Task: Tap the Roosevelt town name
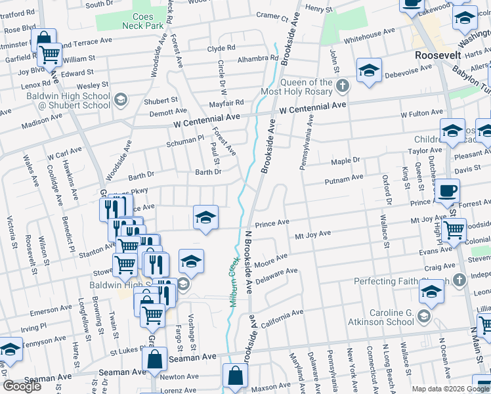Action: click(x=438, y=56)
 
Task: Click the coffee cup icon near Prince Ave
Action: click(x=448, y=191)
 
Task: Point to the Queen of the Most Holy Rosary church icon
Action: click(x=342, y=85)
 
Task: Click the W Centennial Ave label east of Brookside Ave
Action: click(x=312, y=105)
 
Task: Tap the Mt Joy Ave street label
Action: click(x=313, y=234)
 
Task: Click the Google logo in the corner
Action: click(x=22, y=386)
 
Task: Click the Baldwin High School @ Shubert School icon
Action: click(x=119, y=100)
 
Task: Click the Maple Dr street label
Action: click(x=345, y=161)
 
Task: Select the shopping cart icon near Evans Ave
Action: click(x=454, y=230)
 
